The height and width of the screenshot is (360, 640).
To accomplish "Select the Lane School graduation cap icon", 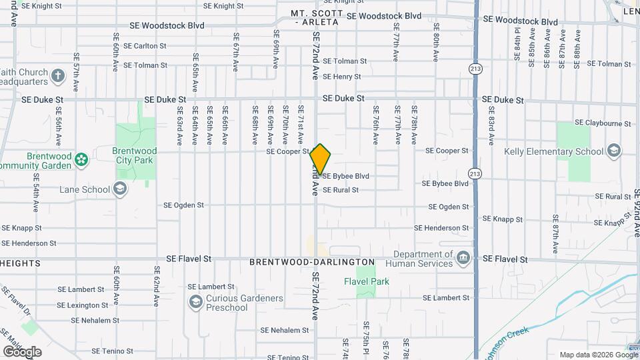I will click(120, 189).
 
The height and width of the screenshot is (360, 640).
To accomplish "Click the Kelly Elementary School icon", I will click(615, 151).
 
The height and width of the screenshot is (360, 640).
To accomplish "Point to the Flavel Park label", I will click(366, 281).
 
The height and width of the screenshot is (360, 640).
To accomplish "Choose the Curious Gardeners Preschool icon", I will click(195, 303).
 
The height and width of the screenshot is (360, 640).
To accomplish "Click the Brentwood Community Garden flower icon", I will click(81, 159).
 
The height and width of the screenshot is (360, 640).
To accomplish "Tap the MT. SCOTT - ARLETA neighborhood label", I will click(317, 18).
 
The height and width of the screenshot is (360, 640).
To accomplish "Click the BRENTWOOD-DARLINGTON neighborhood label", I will click(312, 263).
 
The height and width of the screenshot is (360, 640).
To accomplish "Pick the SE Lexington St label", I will click(83, 305).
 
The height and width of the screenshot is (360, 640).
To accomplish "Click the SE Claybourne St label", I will click(603, 123).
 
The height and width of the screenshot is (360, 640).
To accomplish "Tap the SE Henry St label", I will click(342, 77).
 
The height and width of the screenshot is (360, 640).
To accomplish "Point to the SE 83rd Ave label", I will click(491, 126).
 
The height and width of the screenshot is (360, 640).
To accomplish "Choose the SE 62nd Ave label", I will click(157, 286).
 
